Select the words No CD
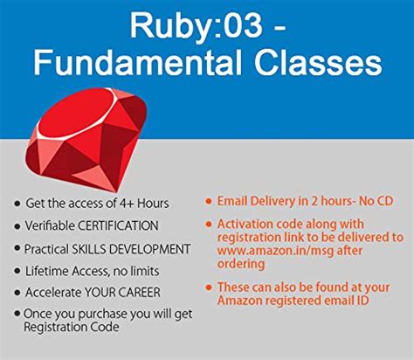pyautogui.click(x=381, y=198)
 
